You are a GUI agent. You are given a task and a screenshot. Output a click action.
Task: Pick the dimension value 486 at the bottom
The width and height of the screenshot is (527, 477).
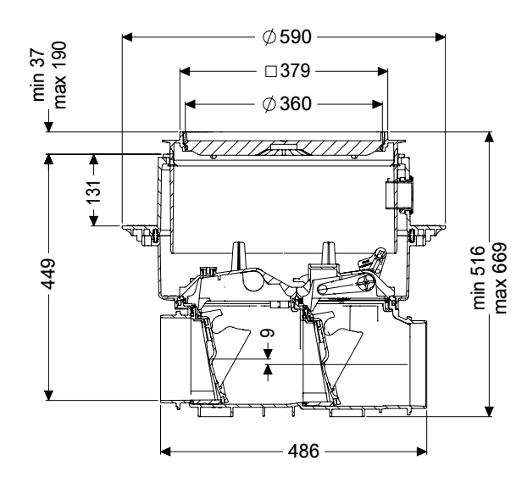pyautogui.click(x=299, y=452)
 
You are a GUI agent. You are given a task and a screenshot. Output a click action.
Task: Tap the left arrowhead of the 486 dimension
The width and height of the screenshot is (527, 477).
pyautogui.click(x=166, y=452)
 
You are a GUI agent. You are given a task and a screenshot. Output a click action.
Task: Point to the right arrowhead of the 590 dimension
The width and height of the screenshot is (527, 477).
pyautogui.click(x=439, y=36)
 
